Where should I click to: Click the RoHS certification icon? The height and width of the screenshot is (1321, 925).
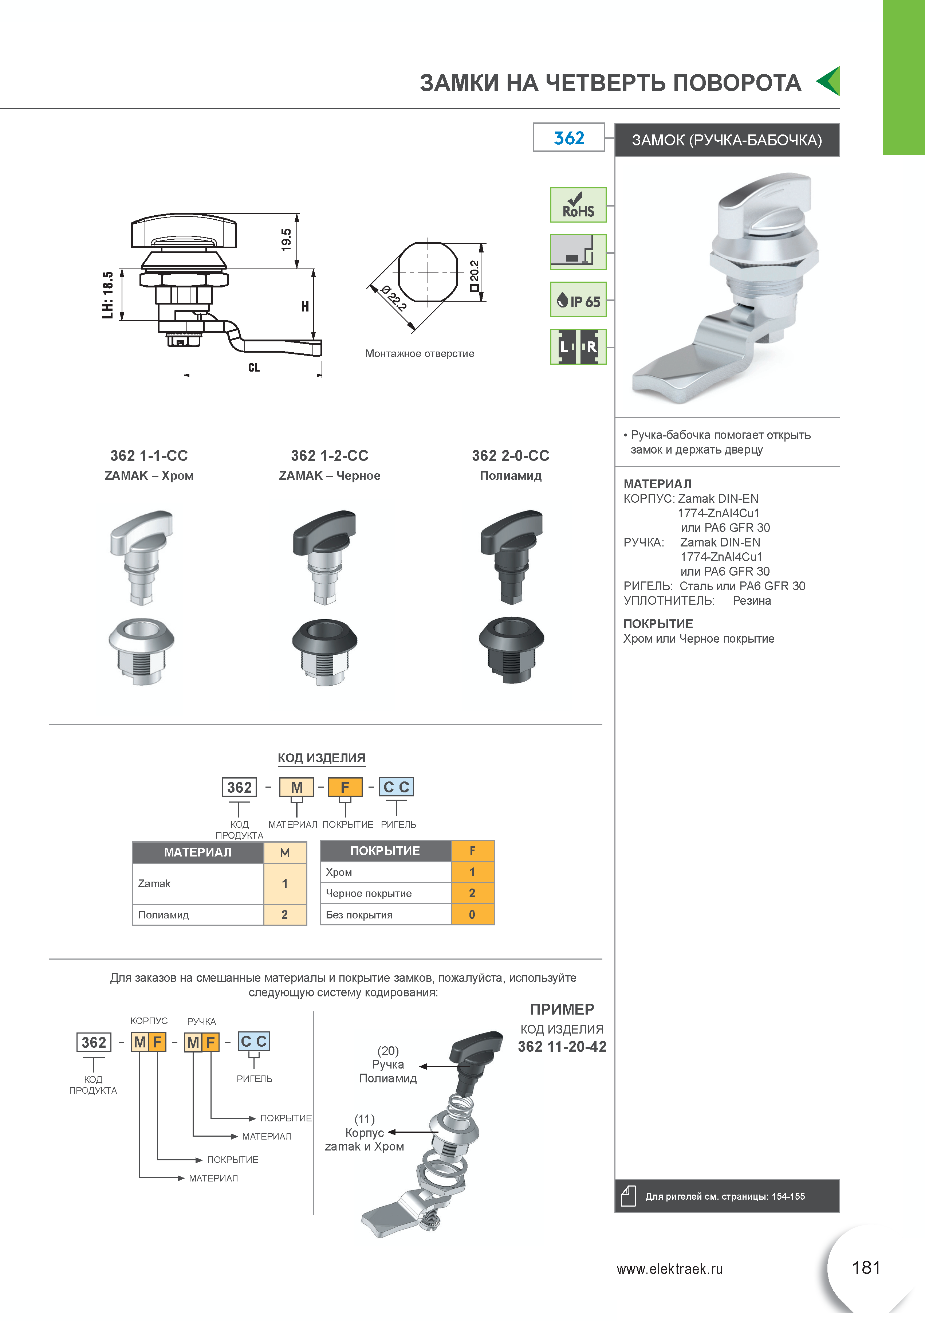[x=578, y=205]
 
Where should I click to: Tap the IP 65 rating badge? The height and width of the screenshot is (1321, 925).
[x=578, y=299]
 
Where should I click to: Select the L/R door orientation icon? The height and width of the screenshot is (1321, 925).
[x=578, y=346]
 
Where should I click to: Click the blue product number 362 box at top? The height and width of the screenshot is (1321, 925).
[x=569, y=137]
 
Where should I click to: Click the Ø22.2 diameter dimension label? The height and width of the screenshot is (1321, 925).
[x=393, y=297]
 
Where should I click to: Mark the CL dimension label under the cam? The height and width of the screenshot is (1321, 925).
[x=254, y=367]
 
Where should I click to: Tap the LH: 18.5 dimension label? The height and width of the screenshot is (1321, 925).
[x=107, y=295]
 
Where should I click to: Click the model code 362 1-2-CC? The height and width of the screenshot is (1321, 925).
[x=330, y=456]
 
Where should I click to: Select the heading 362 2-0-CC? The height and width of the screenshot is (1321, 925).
[x=510, y=456]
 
